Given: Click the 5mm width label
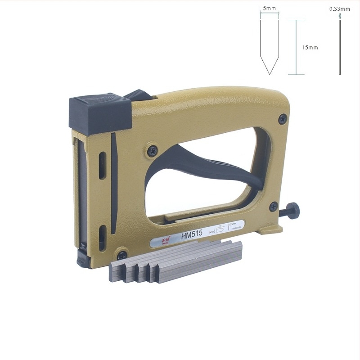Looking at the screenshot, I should [269, 8].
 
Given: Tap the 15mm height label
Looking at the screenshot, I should [310, 47].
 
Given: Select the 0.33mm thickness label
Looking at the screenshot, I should [339, 9].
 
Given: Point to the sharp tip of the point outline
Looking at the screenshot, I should [270, 73].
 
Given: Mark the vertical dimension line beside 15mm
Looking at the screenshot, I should [296, 47].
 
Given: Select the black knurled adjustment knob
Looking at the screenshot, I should [293, 211].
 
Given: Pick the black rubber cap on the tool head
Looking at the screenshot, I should [99, 112].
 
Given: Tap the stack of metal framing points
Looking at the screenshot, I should [175, 262].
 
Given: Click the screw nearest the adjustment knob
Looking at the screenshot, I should [273, 207].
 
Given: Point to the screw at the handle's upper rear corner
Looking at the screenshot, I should [282, 119].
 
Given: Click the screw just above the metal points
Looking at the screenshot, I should [121, 255].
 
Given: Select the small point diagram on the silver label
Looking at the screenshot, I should [220, 229].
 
